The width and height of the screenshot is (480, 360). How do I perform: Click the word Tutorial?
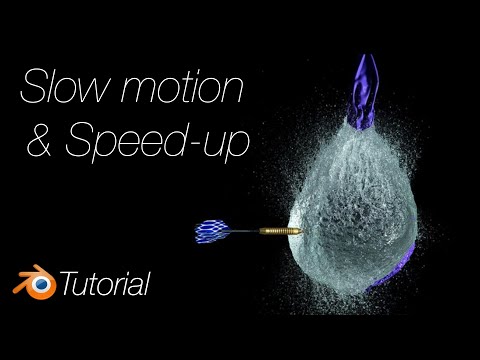(x=105, y=284)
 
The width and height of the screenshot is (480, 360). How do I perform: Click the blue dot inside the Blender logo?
(x=38, y=283)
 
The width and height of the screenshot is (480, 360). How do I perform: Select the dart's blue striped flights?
(x=214, y=232)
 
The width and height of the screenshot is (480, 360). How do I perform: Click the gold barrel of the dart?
(x=278, y=232)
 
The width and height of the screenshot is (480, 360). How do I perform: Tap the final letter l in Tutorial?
(x=148, y=283)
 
